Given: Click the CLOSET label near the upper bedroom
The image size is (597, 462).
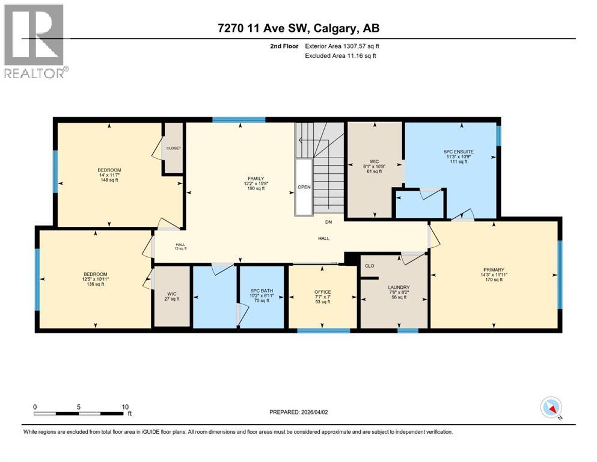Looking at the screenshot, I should [x=174, y=148].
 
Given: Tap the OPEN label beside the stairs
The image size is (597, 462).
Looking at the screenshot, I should [x=304, y=187].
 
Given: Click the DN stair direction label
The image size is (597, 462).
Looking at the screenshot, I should [x=329, y=223].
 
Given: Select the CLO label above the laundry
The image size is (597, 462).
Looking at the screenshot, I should [x=370, y=265].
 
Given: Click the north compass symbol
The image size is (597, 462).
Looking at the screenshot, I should [x=551, y=408].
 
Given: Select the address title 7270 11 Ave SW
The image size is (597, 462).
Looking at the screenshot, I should [x=298, y=28].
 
